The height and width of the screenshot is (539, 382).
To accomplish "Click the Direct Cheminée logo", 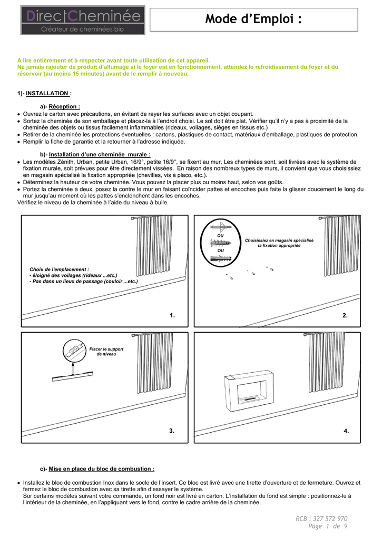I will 82,20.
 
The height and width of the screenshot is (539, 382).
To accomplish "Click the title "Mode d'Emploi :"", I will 254,19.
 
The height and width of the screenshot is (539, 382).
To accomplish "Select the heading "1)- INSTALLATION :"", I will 44,93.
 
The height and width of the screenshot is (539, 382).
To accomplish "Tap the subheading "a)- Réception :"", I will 60,107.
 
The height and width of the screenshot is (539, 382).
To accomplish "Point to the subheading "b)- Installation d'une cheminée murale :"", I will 95,154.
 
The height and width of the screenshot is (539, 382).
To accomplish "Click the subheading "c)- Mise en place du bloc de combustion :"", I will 97,468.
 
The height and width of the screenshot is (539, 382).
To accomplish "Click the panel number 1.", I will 172,315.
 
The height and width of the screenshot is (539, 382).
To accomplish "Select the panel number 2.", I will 345,315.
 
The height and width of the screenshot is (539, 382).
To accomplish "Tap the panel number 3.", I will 172,431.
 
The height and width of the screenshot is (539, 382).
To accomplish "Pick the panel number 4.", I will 346,431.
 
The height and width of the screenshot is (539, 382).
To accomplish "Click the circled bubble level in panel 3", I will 73,349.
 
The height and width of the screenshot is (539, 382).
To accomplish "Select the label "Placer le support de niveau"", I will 106,351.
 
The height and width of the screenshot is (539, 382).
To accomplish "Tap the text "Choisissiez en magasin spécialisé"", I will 279,240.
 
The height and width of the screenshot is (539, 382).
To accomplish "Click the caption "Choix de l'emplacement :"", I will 59,269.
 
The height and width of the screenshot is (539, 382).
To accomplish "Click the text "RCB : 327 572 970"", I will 322,518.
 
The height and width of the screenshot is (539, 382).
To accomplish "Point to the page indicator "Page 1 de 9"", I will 328,526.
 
